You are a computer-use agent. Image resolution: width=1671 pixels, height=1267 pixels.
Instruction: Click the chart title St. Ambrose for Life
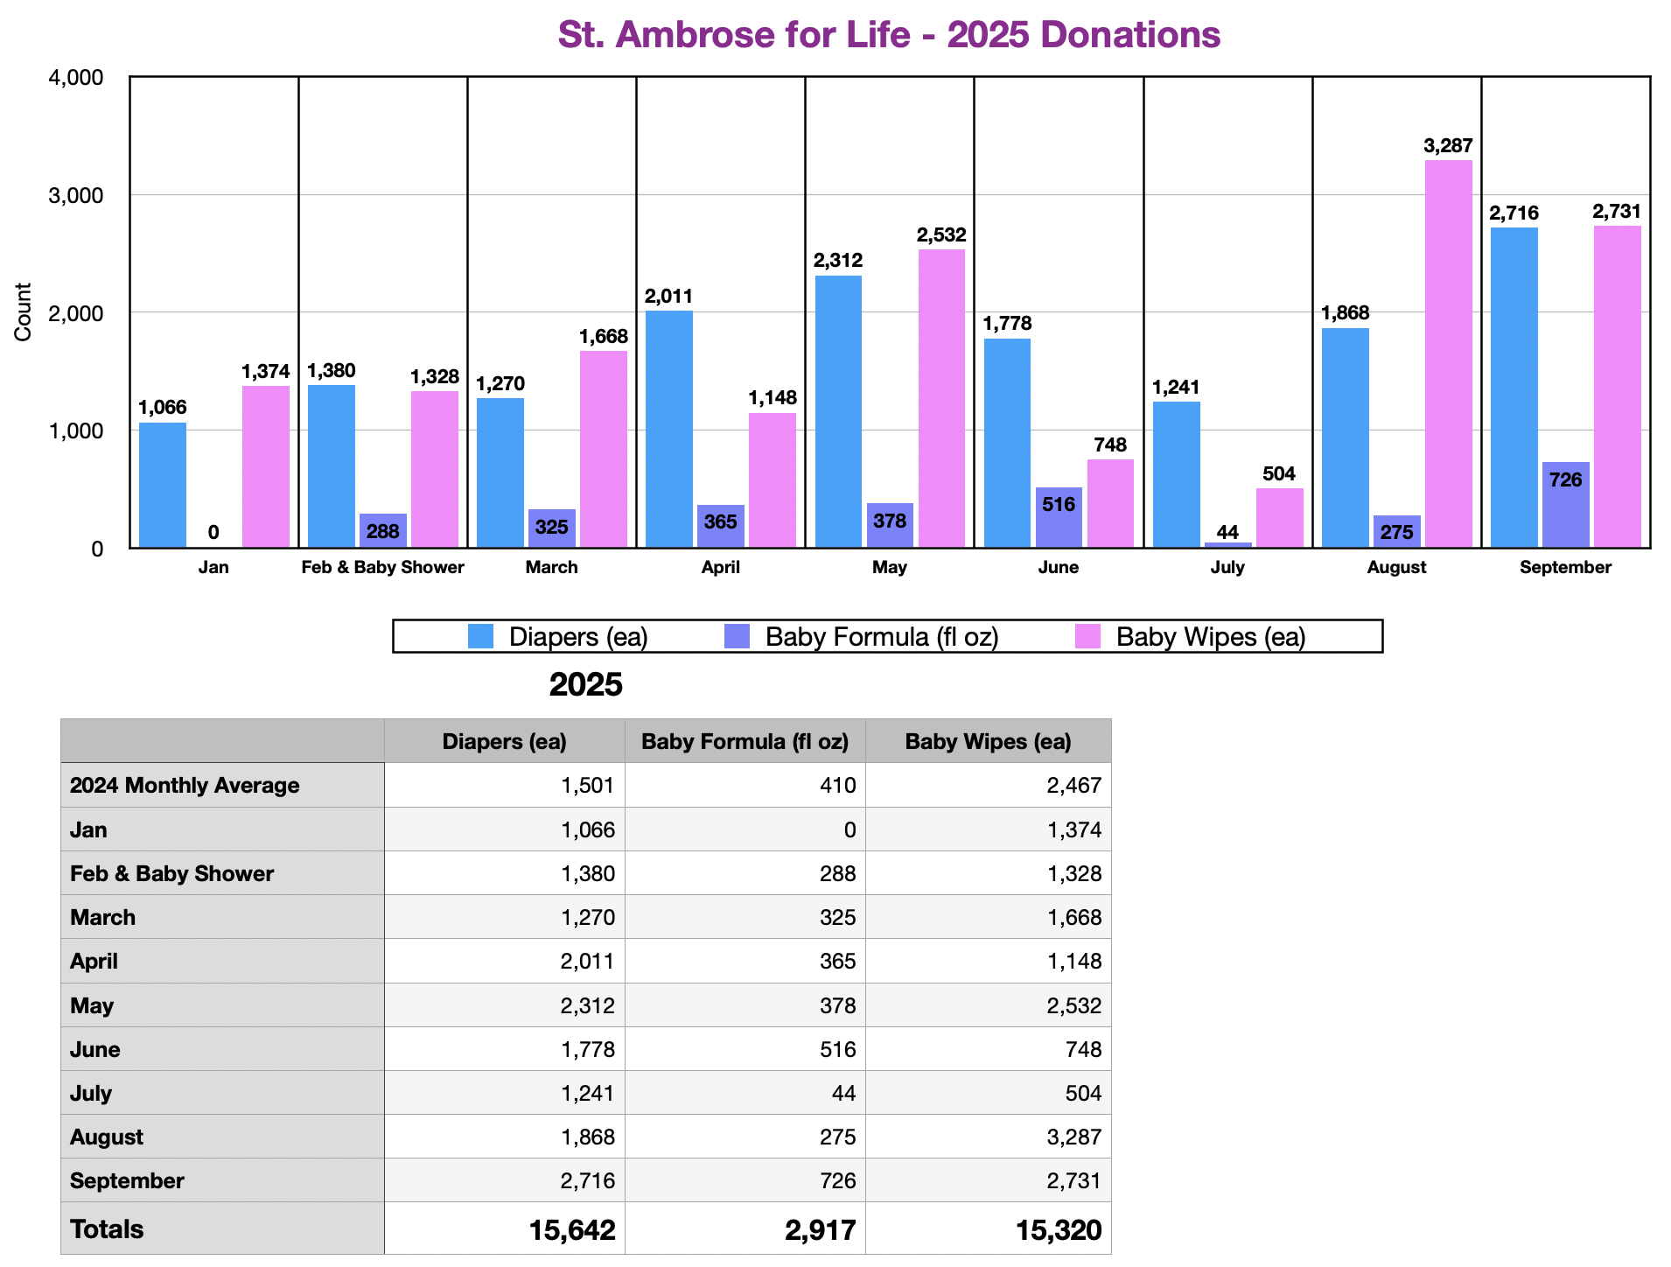tap(889, 35)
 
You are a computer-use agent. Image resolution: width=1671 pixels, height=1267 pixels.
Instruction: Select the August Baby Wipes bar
tap(1448, 353)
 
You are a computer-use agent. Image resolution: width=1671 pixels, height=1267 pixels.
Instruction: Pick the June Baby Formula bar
tap(1059, 517)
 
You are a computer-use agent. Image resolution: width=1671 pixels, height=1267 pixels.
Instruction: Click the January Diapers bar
tap(163, 485)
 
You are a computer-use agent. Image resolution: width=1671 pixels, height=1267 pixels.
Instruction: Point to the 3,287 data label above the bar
tap(1448, 146)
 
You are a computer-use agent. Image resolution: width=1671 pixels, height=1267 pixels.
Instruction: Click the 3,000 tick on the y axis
tap(75, 195)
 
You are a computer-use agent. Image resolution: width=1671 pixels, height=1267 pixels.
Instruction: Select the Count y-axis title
tap(23, 312)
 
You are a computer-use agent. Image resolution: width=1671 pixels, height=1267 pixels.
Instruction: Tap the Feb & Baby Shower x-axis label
tap(382, 567)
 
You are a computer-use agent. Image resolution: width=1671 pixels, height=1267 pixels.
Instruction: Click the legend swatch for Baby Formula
tap(738, 636)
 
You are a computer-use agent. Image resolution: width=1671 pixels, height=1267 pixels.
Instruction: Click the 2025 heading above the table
tap(585, 684)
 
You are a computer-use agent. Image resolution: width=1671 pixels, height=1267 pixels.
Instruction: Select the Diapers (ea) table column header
tap(504, 741)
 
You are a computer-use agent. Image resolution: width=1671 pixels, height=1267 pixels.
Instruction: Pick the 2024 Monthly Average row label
tap(185, 785)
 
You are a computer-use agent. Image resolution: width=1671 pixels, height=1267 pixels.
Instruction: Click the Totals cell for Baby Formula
tap(820, 1229)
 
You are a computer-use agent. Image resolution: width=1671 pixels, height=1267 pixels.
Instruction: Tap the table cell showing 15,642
tap(572, 1229)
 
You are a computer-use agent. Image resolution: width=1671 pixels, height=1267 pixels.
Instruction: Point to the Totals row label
tap(107, 1229)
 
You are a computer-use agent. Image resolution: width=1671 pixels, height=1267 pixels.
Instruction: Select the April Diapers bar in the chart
tap(668, 429)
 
